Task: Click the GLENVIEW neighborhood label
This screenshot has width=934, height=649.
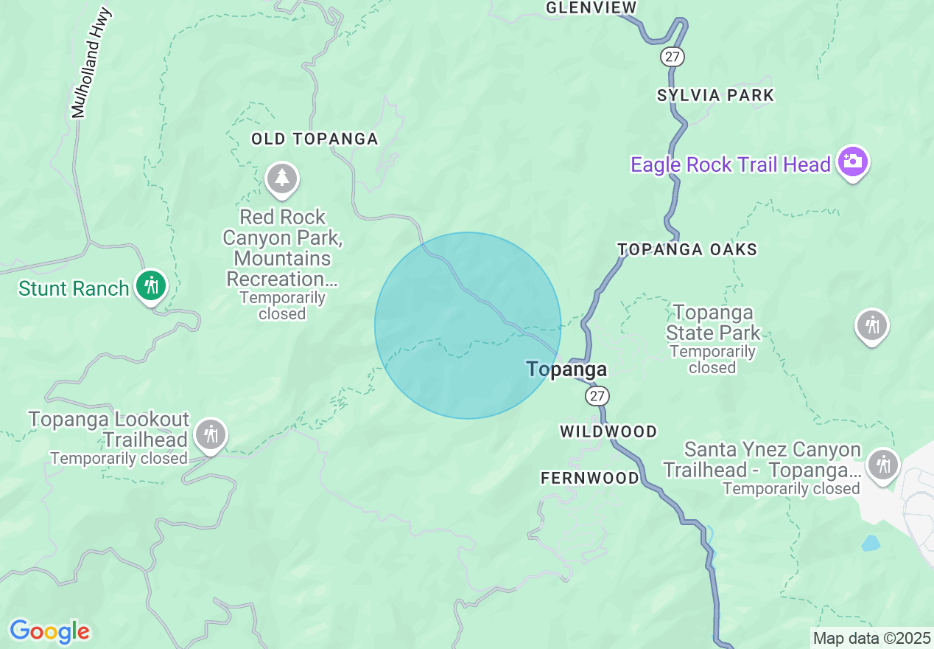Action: [x=591, y=8]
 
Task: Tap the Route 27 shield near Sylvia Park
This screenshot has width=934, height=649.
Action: [x=673, y=56]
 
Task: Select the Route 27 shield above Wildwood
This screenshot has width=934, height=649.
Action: [x=597, y=396]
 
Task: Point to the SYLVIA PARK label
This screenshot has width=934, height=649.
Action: [x=715, y=95]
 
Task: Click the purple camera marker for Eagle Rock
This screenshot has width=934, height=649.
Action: [x=853, y=162]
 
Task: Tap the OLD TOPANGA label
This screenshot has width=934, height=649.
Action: [x=315, y=139]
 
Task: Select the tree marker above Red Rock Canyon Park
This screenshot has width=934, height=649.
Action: [x=281, y=178]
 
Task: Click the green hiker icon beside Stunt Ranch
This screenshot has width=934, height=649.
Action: [x=152, y=285]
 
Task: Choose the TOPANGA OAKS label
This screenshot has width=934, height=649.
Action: [x=687, y=249]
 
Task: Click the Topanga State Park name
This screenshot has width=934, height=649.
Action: [x=712, y=322]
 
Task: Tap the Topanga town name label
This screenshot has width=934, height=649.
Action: [x=566, y=369]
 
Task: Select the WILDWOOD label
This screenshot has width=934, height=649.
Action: [x=608, y=431]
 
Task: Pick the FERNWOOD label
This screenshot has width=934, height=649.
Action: [x=590, y=479]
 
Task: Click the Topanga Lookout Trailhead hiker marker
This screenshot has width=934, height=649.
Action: [x=211, y=434]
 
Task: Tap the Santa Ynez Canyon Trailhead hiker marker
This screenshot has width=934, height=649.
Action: [x=882, y=464]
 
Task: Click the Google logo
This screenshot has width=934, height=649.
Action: [x=49, y=631]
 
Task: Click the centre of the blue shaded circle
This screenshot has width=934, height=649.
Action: [x=468, y=326]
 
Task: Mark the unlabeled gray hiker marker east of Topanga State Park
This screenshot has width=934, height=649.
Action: [x=872, y=324]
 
